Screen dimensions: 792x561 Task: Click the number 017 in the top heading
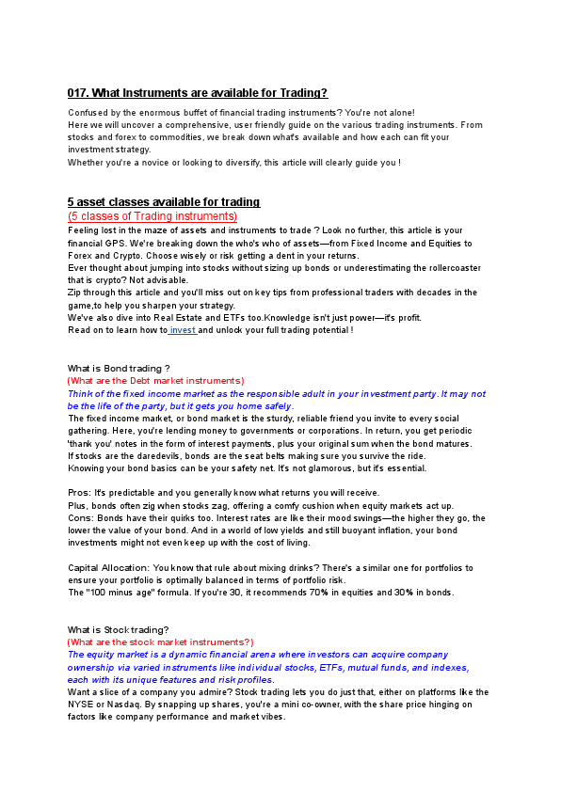(x=76, y=92)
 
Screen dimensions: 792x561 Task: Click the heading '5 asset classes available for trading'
(x=164, y=202)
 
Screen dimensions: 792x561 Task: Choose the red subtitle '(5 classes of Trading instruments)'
(x=152, y=216)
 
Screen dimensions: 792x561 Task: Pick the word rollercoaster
(x=441, y=267)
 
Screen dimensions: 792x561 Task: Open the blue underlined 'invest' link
(x=183, y=330)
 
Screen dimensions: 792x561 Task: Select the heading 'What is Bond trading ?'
(x=119, y=368)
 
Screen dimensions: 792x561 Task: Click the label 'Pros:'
(x=79, y=493)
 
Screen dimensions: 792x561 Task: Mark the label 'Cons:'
(x=80, y=517)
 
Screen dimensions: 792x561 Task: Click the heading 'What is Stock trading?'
(x=119, y=629)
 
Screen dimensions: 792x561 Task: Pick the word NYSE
(x=81, y=704)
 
